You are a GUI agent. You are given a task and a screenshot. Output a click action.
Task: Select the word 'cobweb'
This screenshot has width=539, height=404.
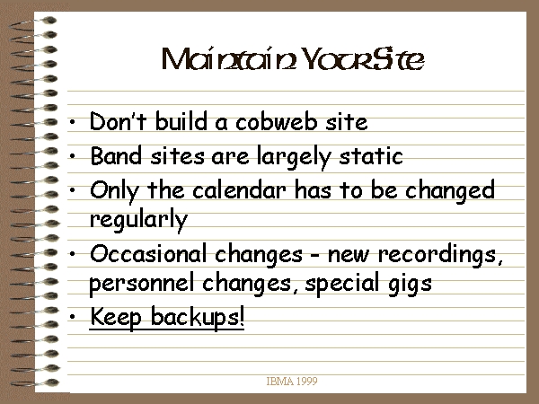[x=277, y=121]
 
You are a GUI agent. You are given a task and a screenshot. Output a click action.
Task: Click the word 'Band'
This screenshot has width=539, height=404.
[x=116, y=155]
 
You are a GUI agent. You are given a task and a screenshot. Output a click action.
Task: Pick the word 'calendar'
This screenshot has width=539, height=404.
[x=239, y=190]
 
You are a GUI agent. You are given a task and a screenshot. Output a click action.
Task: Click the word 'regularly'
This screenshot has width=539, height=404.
[x=138, y=220]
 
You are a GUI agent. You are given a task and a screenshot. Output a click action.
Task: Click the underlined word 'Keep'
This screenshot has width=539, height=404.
[x=116, y=317]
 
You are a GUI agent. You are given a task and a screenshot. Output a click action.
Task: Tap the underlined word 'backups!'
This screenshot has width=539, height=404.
[x=198, y=317]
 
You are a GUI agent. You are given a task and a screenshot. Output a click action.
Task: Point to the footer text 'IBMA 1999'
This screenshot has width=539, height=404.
[x=292, y=381]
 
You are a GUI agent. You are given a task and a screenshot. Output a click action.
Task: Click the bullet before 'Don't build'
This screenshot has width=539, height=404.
[x=72, y=121]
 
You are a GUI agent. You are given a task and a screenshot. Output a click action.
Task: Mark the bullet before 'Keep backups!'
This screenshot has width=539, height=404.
[x=72, y=317]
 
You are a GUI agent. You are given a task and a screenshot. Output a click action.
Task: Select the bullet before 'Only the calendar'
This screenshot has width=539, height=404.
[x=72, y=189]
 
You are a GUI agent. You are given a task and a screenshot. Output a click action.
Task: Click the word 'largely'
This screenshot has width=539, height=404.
[x=294, y=157]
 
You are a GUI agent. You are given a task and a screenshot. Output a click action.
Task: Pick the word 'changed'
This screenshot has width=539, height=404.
[x=450, y=191]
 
